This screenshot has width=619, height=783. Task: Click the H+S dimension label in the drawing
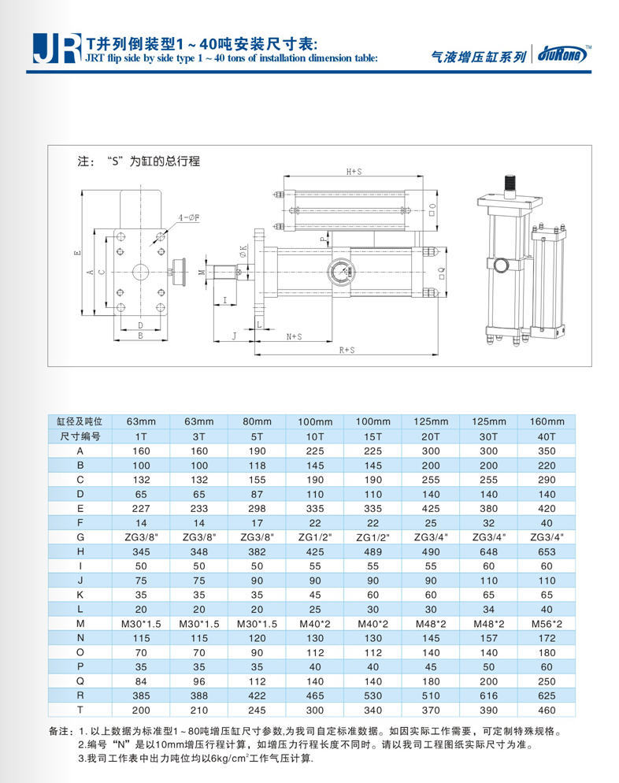(354, 171)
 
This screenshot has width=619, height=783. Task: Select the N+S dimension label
(294, 336)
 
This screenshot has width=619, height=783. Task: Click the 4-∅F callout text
(188, 217)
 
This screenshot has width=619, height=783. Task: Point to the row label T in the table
(80, 708)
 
